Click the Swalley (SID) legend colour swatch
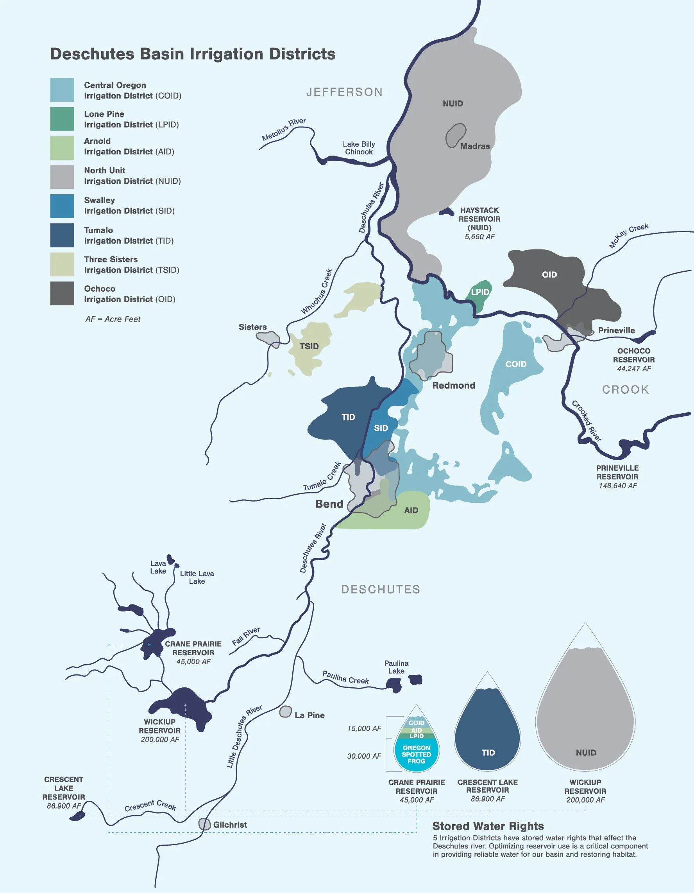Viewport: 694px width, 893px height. (x=62, y=206)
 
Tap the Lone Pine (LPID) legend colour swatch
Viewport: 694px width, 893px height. (x=62, y=119)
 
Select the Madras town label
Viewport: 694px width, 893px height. (x=475, y=146)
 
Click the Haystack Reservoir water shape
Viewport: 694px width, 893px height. (x=447, y=212)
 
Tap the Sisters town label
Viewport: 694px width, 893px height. (x=252, y=327)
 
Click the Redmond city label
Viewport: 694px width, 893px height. (x=454, y=386)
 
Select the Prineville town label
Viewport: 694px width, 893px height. (x=616, y=330)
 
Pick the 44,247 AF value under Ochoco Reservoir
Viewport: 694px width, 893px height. (x=634, y=369)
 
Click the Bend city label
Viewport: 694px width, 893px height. (x=329, y=504)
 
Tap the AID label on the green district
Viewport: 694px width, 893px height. (x=411, y=510)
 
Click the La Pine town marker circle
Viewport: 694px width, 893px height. (x=285, y=712)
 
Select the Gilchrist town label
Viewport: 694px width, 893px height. (x=230, y=825)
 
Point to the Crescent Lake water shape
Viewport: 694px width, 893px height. (x=77, y=816)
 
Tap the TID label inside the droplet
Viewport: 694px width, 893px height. (x=488, y=753)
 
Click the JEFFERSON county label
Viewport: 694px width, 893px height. (x=345, y=92)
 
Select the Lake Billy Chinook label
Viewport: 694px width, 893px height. (x=359, y=148)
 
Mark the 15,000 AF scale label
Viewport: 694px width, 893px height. (x=364, y=729)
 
